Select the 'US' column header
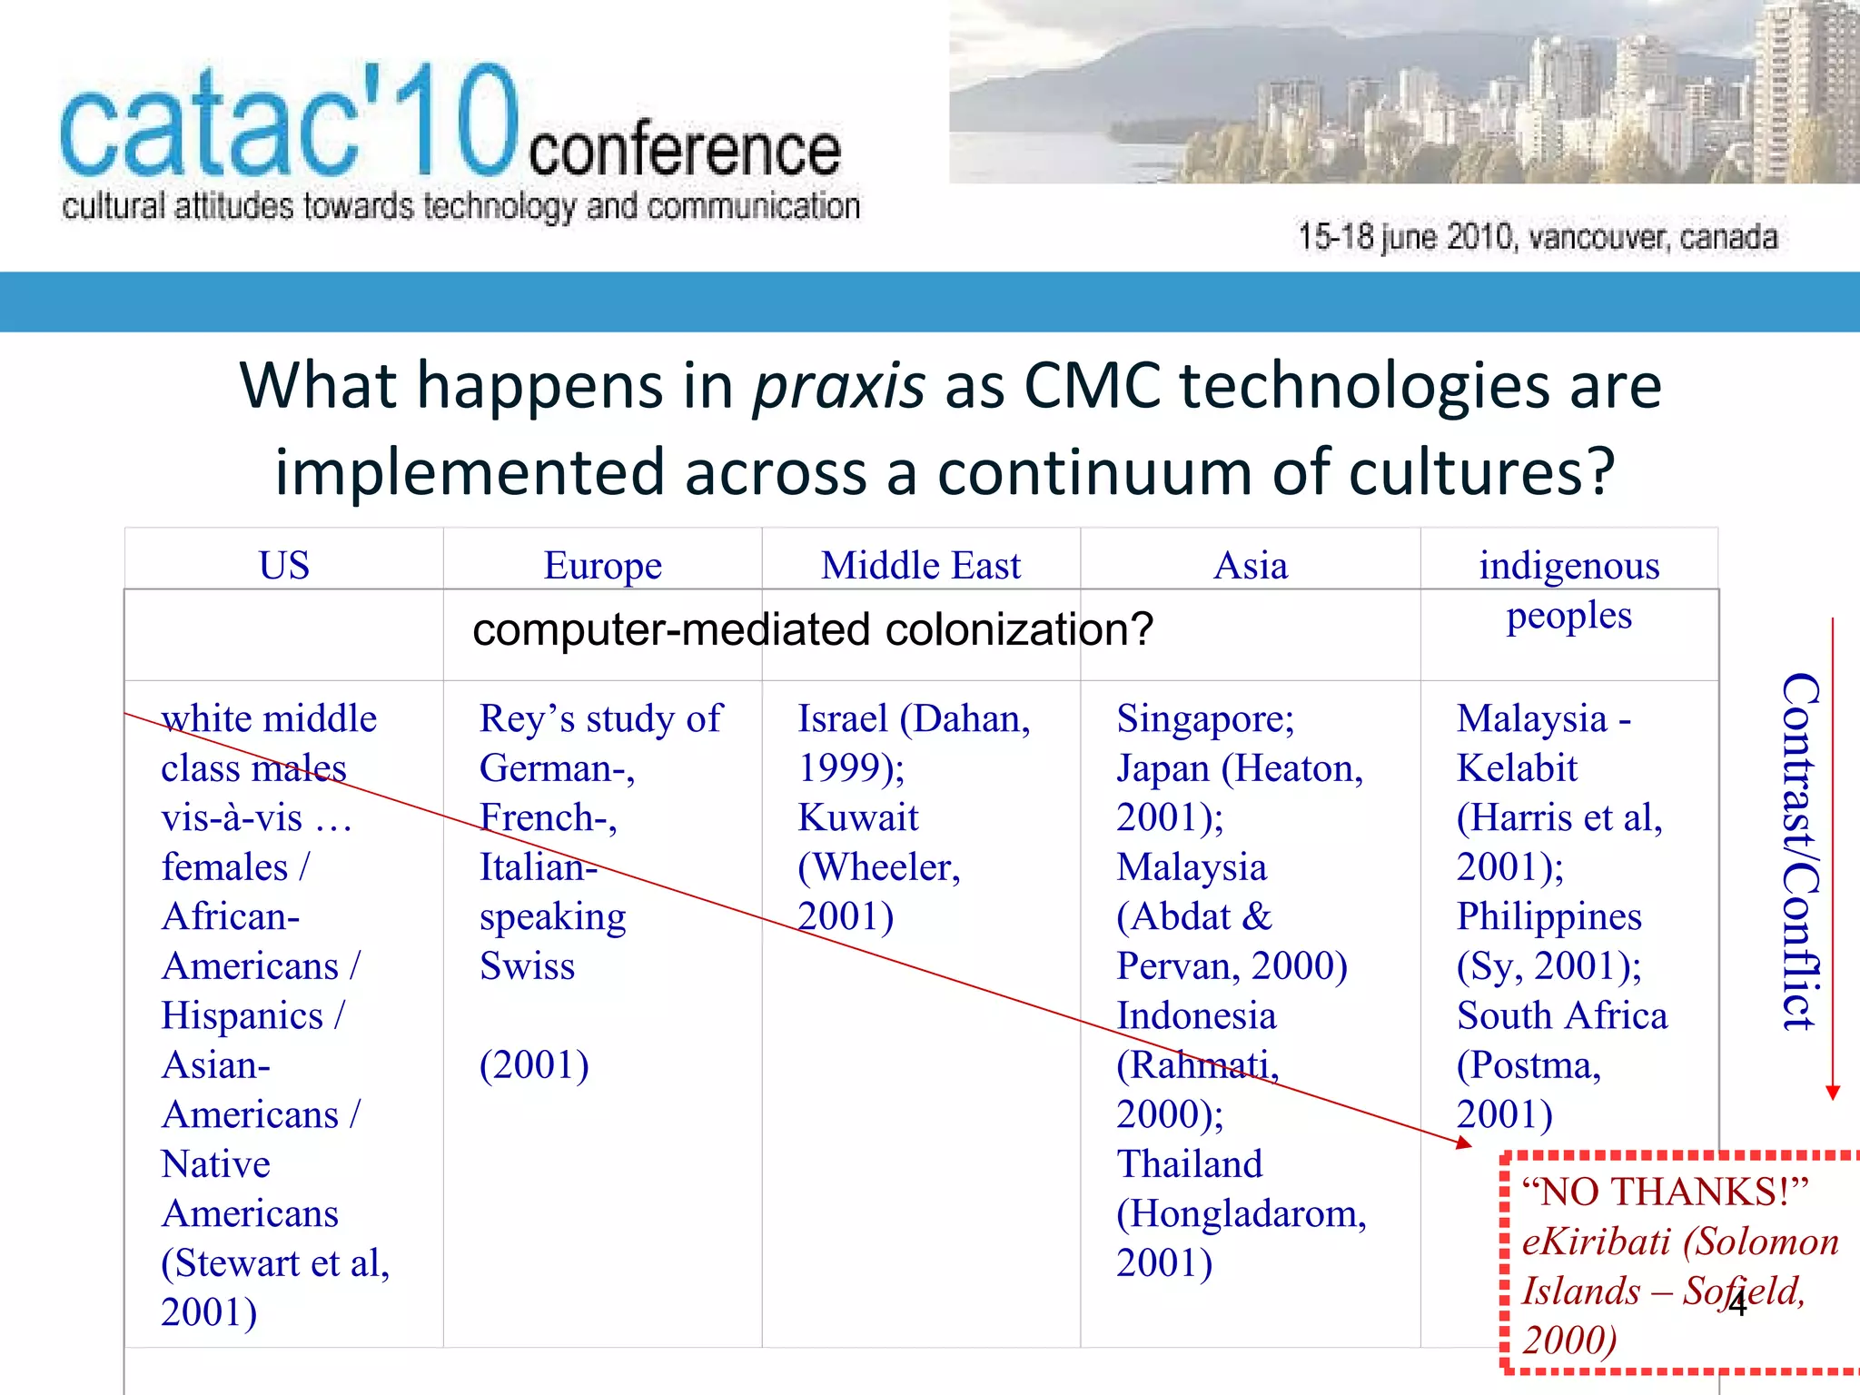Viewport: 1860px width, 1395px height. tap(284, 566)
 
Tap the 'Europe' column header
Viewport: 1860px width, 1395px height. tap(602, 566)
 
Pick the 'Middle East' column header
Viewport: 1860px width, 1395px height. tap(921, 566)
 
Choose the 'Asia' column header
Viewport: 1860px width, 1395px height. tap(1251, 566)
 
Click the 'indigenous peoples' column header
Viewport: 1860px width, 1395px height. tap(1568, 589)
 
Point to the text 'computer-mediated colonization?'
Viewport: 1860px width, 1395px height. tap(812, 629)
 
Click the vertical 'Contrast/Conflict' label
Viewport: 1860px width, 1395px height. tap(1798, 851)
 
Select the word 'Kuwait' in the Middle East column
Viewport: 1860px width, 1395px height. tap(857, 817)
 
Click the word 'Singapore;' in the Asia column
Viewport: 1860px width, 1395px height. tap(1204, 718)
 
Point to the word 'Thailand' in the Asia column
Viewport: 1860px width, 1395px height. tap(1189, 1164)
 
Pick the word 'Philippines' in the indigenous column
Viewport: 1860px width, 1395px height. tap(1548, 916)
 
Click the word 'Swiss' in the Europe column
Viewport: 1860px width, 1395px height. tap(527, 965)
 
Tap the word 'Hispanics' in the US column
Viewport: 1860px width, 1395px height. tap(242, 1015)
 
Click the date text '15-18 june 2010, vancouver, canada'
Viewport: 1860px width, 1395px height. tap(1537, 237)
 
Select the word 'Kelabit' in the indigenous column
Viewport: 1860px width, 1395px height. tap(1517, 768)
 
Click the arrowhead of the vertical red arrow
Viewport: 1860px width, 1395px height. tap(1833, 1093)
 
